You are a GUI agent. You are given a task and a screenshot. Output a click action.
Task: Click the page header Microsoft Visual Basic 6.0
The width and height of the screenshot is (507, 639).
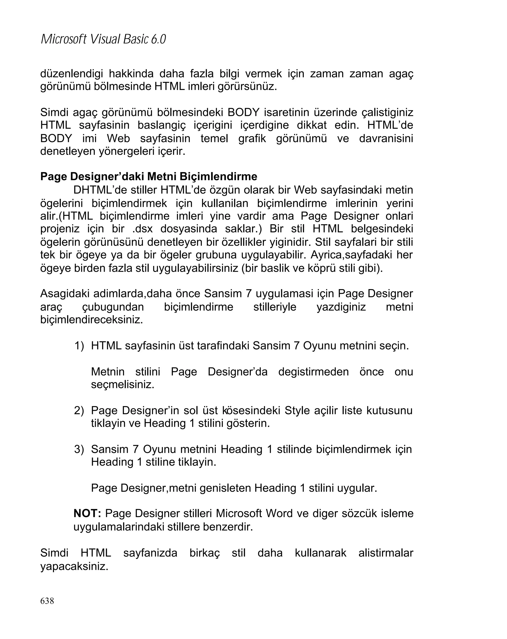tap(103, 39)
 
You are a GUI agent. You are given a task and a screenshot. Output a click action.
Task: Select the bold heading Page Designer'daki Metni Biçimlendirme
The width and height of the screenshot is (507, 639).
tap(149, 177)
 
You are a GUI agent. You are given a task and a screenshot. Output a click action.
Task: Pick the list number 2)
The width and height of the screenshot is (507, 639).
tap(79, 411)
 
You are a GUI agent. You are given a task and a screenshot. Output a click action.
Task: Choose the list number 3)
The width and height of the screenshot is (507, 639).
tap(79, 449)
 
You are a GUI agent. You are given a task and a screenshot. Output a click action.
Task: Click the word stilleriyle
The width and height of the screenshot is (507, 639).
tap(275, 307)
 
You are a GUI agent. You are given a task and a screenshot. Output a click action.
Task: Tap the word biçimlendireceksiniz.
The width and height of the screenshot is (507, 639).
tap(91, 320)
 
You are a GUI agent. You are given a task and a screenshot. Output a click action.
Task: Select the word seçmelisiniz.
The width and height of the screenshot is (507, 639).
tap(123, 385)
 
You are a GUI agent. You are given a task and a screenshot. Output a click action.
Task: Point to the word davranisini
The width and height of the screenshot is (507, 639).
tap(386, 138)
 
